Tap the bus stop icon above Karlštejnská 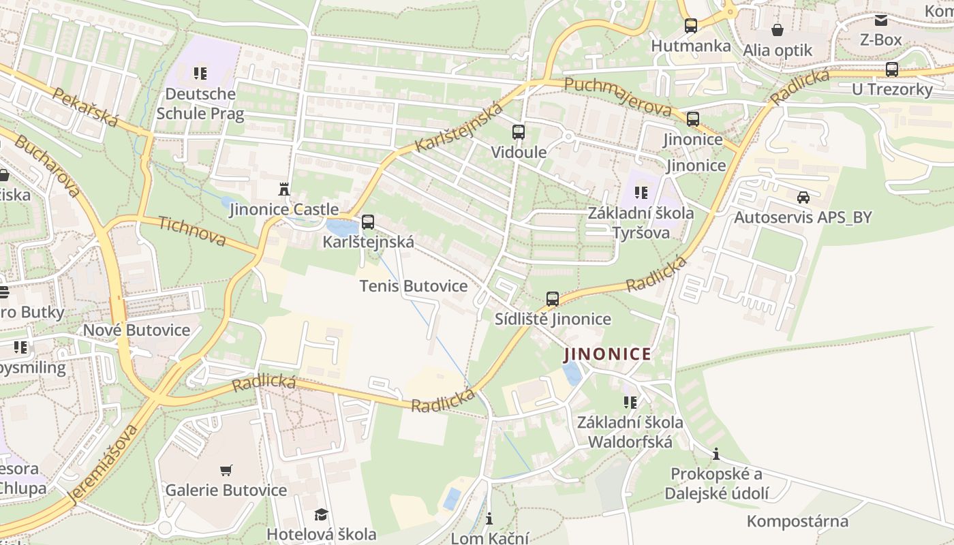pos(368,221)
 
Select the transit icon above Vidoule pos(519,132)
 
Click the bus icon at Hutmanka pos(691,26)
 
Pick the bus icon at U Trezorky pos(891,69)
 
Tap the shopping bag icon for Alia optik pos(777,30)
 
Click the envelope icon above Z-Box pos(881,20)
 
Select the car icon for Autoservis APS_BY pos(803,198)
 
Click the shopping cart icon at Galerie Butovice pos(226,470)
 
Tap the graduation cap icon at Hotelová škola pos(321,514)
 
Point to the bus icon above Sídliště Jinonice pos(553,298)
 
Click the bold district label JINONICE pos(607,354)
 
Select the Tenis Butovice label pos(414,286)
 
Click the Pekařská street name pos(85,108)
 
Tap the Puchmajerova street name pos(618,97)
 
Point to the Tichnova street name pos(191,231)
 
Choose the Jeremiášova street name pos(104,465)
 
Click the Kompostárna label pos(797,522)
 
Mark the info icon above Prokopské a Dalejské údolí pos(716,454)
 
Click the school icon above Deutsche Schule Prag pos(200,73)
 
